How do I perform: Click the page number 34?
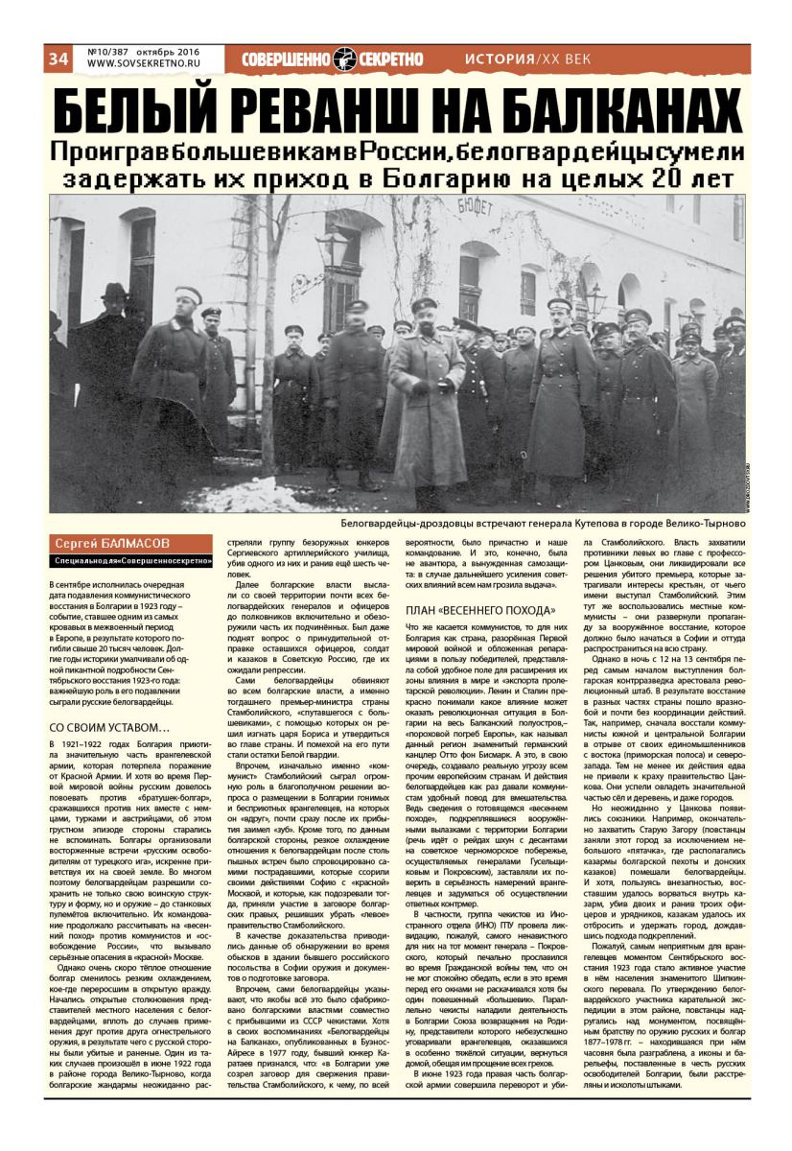(x=57, y=59)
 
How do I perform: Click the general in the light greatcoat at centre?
(x=427, y=393)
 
